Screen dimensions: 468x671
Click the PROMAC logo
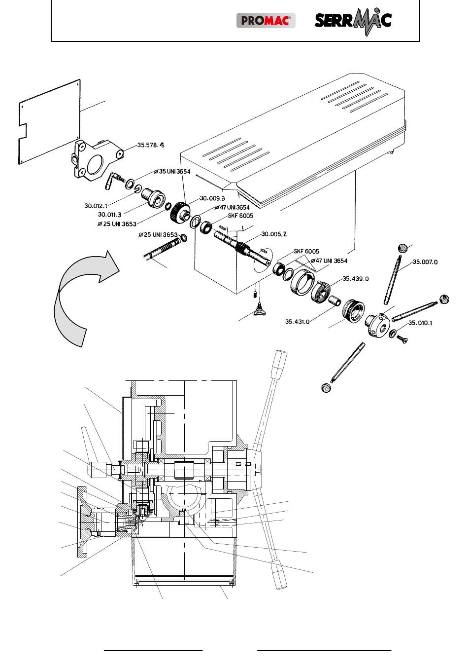(x=266, y=20)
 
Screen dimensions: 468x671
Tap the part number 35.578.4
(x=150, y=145)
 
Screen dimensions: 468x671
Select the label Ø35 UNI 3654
(x=172, y=172)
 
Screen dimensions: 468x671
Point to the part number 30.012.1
(x=96, y=206)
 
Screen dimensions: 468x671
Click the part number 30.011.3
(x=109, y=215)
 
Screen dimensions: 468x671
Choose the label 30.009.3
(x=212, y=198)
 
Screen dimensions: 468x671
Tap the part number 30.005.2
(x=274, y=234)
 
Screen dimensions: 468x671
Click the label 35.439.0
(x=356, y=279)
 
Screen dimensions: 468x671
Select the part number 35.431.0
(x=297, y=322)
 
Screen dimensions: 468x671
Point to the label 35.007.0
(x=425, y=262)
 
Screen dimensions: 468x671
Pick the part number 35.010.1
(x=420, y=323)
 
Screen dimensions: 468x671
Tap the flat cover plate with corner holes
(x=49, y=122)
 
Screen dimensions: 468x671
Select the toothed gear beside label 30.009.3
(x=179, y=212)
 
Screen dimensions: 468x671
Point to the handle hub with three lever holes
(x=378, y=325)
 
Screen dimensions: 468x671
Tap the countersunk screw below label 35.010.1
(x=402, y=339)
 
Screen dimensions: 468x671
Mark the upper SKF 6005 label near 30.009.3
(x=240, y=216)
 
